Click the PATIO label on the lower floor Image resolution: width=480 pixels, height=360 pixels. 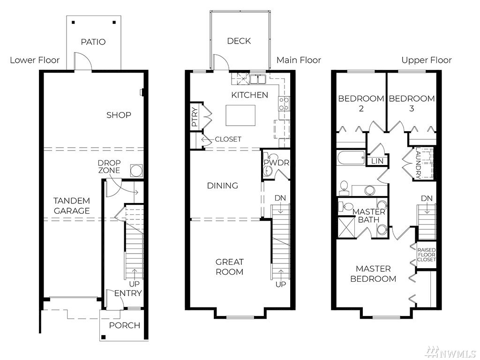(x=93, y=42)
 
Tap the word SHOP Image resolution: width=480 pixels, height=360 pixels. (x=119, y=115)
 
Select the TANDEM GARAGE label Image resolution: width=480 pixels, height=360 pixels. (x=72, y=206)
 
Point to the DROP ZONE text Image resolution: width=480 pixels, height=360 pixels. (x=109, y=166)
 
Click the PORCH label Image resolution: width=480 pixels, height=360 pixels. (x=125, y=325)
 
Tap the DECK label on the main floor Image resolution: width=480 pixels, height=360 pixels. (x=239, y=41)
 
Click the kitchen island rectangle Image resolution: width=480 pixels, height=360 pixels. (x=240, y=115)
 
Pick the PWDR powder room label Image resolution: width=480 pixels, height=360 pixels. (x=277, y=163)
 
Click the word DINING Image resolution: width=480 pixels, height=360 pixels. (x=223, y=186)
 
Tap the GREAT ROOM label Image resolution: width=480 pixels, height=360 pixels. (x=230, y=267)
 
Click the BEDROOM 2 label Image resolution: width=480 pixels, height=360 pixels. (x=361, y=104)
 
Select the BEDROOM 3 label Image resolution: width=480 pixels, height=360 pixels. (x=412, y=104)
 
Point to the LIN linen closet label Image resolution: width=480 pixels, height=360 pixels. (x=377, y=161)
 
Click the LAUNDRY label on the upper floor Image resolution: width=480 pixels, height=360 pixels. (x=419, y=163)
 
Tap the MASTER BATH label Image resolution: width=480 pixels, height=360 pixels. (x=369, y=216)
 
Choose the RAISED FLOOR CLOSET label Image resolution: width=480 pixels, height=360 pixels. (x=427, y=255)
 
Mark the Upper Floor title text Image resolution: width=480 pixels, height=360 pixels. (x=427, y=60)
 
